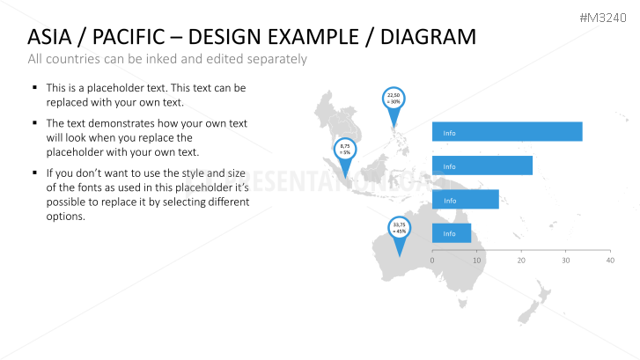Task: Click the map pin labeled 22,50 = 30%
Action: (394, 99)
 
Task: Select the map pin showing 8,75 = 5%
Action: (344, 151)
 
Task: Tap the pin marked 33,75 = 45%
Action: (400, 229)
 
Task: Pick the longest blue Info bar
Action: (507, 132)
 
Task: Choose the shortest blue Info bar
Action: (452, 233)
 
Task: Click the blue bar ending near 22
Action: (482, 165)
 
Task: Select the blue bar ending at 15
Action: (466, 200)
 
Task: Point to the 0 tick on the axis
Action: (432, 261)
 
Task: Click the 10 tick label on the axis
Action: (477, 261)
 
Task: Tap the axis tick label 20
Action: (521, 261)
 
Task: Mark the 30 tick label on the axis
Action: (565, 261)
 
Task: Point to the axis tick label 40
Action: (609, 261)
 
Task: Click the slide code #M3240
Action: (608, 17)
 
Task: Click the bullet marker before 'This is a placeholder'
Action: (34, 88)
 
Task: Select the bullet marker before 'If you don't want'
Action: (34, 173)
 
